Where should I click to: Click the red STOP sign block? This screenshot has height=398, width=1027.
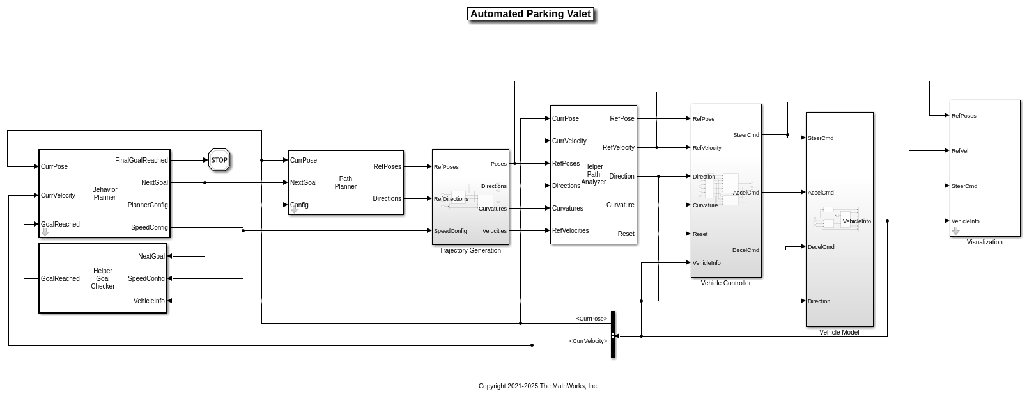[219, 160]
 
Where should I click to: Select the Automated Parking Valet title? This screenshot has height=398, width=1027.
[530, 14]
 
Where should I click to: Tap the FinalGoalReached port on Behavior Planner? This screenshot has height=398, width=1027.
[141, 161]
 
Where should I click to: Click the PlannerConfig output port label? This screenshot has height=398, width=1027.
[148, 205]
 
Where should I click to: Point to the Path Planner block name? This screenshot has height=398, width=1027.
[345, 183]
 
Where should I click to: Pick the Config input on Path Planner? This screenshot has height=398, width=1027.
[299, 205]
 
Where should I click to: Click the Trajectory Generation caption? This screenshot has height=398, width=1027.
[470, 251]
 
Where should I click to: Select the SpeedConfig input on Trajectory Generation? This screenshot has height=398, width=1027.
[451, 231]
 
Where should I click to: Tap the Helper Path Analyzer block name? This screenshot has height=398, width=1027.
[593, 174]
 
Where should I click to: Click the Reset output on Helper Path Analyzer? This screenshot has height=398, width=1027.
[626, 234]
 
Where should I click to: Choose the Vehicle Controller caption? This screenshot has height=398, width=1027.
[725, 283]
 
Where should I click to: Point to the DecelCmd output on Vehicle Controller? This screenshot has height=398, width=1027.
[746, 250]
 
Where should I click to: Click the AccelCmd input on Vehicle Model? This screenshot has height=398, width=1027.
[821, 193]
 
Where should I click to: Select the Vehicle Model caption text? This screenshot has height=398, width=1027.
[839, 333]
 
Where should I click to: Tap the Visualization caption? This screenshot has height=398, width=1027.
[984, 243]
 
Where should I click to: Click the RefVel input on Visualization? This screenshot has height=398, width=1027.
[960, 152]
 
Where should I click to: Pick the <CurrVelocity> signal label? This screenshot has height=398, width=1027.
[588, 341]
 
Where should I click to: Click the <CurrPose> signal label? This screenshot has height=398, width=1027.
[591, 319]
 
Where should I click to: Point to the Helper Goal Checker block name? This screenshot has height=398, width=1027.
[102, 279]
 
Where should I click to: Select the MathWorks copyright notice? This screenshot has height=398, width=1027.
[538, 386]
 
